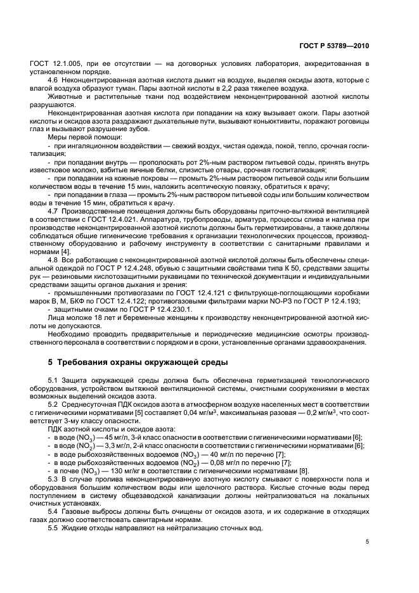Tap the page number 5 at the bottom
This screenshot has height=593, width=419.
pyautogui.click(x=368, y=542)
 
